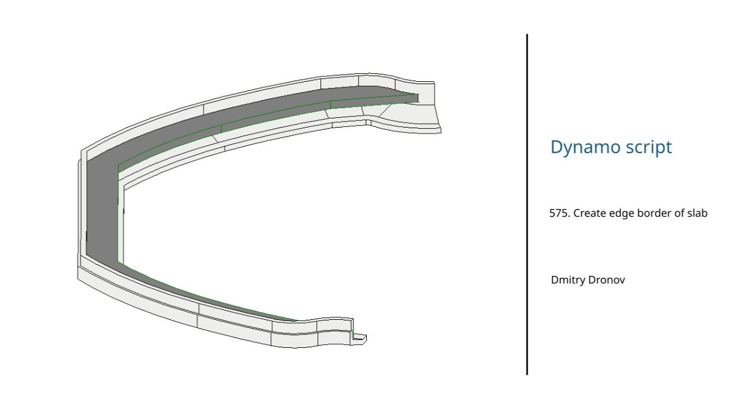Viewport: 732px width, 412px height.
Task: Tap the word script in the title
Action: click(648, 148)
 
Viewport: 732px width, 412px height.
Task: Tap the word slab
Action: click(697, 213)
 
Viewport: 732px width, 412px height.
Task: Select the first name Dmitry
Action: click(568, 280)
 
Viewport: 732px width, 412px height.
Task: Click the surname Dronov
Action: click(606, 280)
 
